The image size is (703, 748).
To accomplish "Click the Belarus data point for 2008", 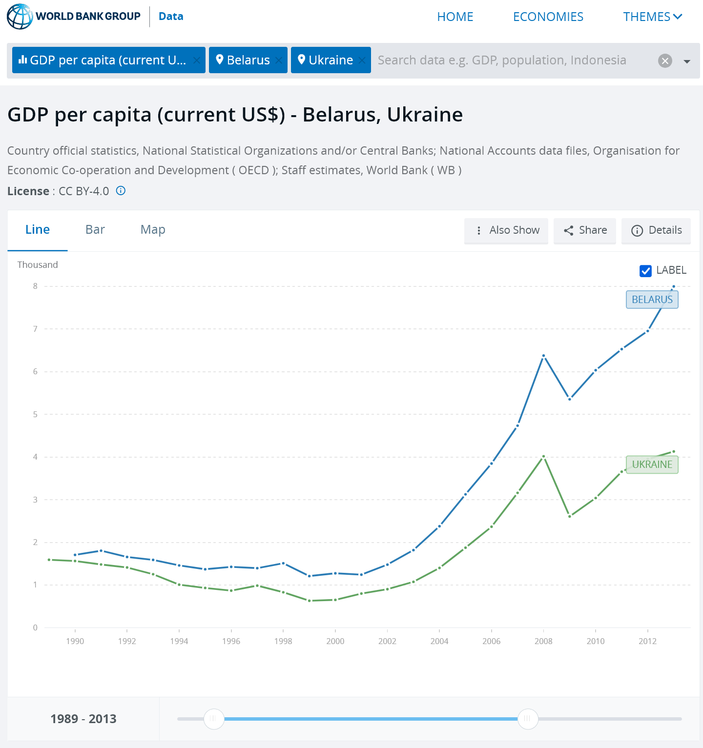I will coord(543,356).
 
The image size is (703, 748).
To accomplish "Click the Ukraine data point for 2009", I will coord(570,516).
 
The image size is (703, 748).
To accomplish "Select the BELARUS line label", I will coord(652,300).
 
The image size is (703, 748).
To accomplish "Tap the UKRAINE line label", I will coord(652,465).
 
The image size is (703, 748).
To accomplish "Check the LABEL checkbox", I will coord(645,271).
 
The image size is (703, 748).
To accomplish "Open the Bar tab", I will coord(95,230).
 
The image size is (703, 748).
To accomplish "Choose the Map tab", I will coord(153,230).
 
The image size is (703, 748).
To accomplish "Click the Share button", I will coord(585,230).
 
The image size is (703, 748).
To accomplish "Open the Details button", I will coord(656,230).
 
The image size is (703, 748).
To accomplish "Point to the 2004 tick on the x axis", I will coord(439,641).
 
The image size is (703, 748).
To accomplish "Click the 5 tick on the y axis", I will coord(35,414).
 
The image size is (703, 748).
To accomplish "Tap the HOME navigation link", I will coord(455,17).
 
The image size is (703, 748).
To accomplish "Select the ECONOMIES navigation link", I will coord(548,17).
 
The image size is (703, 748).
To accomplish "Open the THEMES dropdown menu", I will coord(652,17).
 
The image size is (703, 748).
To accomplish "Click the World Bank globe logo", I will coord(20,17).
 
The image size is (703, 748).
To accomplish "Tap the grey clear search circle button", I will coord(665,61).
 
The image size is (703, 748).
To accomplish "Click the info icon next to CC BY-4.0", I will coord(121,191).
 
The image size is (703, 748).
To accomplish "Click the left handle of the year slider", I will coord(214,719).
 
